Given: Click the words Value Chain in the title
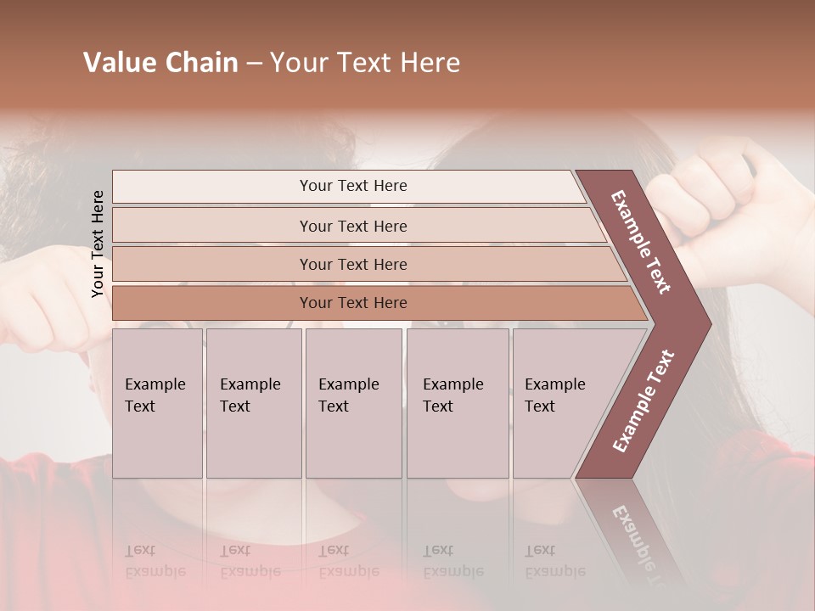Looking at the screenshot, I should coord(160,63).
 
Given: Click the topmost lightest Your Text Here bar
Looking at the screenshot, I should coord(353,186).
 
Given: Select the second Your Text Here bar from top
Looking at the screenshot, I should coord(353,226).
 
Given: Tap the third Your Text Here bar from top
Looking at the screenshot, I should coord(353,264).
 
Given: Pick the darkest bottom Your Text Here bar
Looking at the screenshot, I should coord(353,303).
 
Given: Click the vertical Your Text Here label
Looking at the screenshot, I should coord(98,244).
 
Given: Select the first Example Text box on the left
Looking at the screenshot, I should coord(157,403).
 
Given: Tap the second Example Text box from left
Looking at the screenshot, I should coord(253,403).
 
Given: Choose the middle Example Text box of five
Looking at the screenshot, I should coord(353,403).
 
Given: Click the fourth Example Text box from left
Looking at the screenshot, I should coord(457,403).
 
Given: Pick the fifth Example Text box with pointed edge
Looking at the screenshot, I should coord(560,403).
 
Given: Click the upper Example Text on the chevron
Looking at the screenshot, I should coord(641,241).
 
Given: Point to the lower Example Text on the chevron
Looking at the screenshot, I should coord(644,401).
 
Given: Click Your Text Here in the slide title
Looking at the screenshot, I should coord(365,63).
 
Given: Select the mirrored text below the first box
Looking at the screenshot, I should coord(155,561).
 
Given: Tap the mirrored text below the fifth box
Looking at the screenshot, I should coord(555,561).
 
